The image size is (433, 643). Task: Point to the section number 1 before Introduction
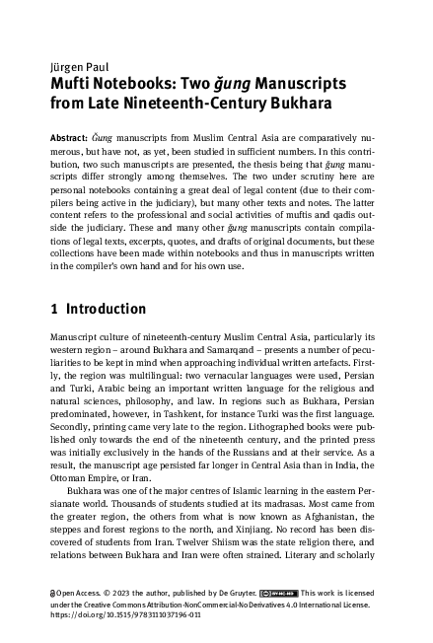pyautogui.click(x=54, y=310)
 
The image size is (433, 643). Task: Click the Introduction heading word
pyautogui.click(x=106, y=310)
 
